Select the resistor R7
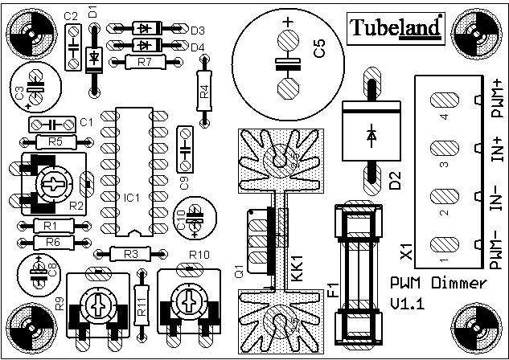click(143, 62)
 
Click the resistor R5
click(54, 142)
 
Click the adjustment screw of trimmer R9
click(96, 305)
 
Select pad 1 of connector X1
click(444, 243)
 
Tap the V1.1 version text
click(408, 303)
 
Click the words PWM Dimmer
click(437, 283)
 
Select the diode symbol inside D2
click(371, 134)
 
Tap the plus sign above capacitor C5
click(287, 22)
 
